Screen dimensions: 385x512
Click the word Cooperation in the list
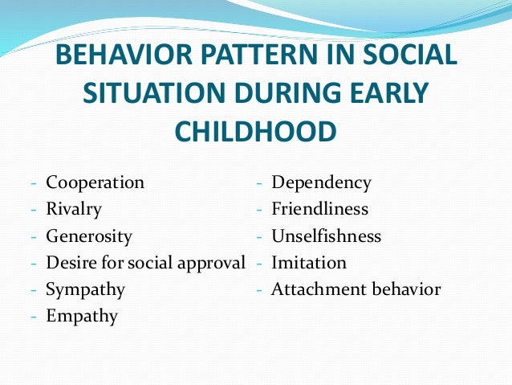click(95, 182)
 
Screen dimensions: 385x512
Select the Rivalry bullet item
click(74, 210)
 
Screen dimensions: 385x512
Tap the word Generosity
click(89, 237)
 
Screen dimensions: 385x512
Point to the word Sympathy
click(85, 289)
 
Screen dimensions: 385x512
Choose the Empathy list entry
click(82, 317)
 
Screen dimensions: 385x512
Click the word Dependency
click(321, 182)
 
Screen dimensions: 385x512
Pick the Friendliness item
click(319, 210)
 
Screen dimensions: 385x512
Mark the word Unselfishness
click(326, 237)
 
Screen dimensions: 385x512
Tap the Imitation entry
click(308, 263)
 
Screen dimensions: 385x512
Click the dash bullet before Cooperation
click(35, 183)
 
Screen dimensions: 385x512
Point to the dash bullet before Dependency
click(260, 183)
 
